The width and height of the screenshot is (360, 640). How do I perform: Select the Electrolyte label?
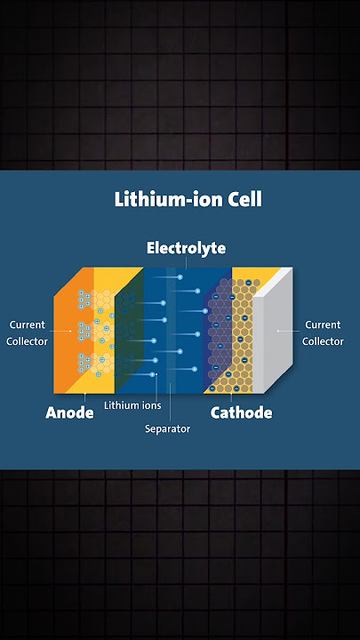(186, 248)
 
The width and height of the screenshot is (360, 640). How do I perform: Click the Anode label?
(69, 412)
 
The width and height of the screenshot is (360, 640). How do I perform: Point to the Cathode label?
(241, 412)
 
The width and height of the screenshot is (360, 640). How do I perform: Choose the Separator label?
(168, 429)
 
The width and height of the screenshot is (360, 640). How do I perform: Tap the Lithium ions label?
(132, 405)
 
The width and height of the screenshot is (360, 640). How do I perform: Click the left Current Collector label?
(28, 333)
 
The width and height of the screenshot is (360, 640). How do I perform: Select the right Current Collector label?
(323, 333)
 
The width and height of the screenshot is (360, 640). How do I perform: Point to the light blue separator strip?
(171, 331)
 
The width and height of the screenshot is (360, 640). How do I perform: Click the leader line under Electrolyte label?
(186, 263)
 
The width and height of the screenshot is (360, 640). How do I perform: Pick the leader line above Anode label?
(85, 398)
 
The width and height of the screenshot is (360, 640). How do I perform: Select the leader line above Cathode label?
(231, 398)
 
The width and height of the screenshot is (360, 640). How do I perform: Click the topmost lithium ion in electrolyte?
(180, 277)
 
